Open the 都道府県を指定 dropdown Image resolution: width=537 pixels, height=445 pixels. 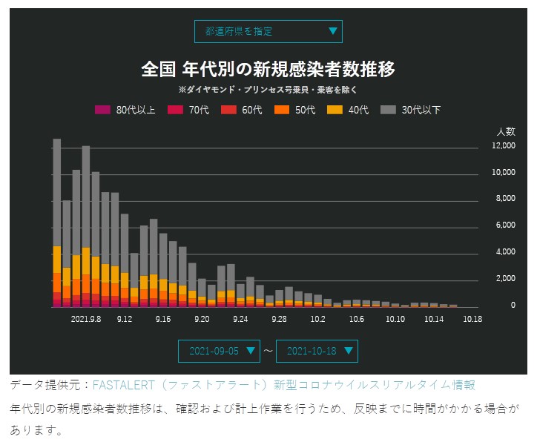tap(268, 31)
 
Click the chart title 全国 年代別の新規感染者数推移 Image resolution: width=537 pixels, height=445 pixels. tap(268, 69)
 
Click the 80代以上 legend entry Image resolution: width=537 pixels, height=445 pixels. tap(126, 111)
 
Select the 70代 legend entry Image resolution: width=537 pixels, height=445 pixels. tap(189, 111)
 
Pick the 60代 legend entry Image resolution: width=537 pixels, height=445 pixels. tap(243, 111)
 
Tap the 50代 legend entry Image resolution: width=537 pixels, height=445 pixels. tap(296, 111)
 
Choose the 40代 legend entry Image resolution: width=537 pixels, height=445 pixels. tap(349, 111)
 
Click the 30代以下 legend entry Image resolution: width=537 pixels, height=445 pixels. tap(411, 111)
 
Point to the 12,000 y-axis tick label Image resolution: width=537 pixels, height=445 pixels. tap(504, 146)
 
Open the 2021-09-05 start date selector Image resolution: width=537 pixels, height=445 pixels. tap(220, 351)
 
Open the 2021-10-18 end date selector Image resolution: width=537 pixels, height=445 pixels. tap(317, 351)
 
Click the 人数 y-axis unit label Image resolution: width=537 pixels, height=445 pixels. tap(506, 131)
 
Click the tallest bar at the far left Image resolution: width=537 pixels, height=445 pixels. tap(57, 222)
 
